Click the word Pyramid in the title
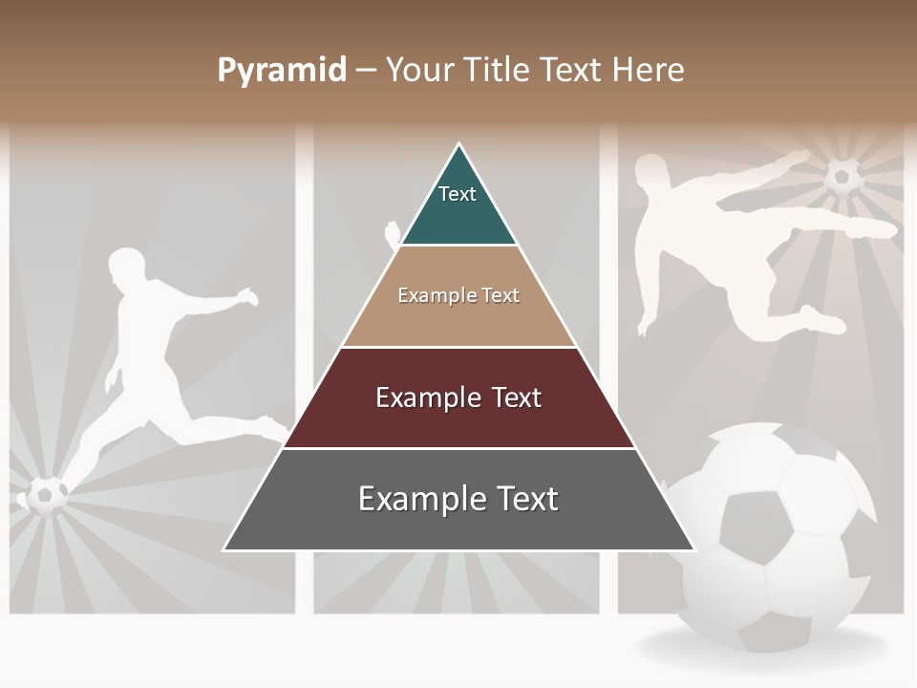[282, 71]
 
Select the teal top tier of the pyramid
[458, 205]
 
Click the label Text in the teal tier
[458, 194]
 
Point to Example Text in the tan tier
[458, 295]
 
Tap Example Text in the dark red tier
[458, 398]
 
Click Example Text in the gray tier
[458, 499]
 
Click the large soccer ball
[774, 535]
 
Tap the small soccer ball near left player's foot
[45, 494]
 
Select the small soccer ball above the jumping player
[843, 178]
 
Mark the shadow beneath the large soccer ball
[764, 650]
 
